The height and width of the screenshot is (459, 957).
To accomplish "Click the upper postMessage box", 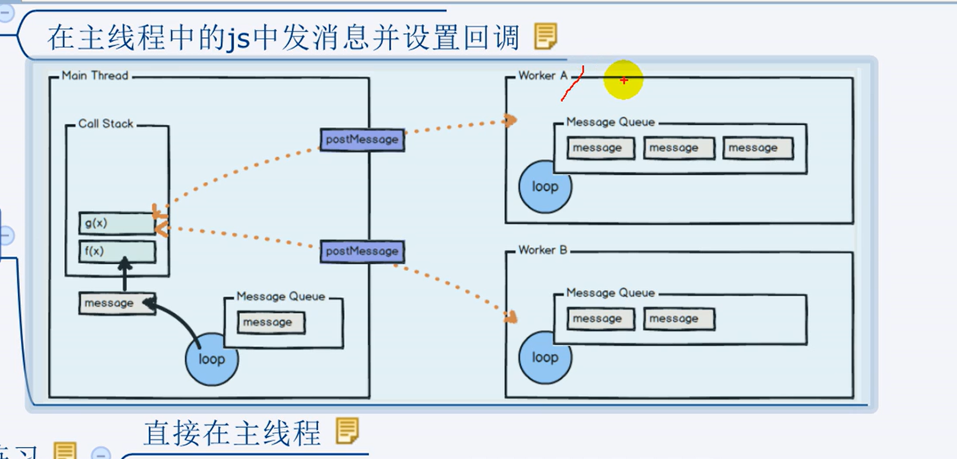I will coord(362,140).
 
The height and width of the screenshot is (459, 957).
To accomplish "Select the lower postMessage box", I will coord(362,251).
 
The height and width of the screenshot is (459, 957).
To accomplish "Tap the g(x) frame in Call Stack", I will coord(117,223).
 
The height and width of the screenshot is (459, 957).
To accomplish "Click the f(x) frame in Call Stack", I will coord(117,251).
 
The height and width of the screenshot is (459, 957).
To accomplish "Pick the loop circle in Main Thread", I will coord(212,359).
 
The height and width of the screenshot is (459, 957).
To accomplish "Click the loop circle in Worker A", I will coord(545,187).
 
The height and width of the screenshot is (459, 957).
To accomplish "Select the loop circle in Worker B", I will coord(545,358).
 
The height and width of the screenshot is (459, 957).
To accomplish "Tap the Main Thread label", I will coord(95,76).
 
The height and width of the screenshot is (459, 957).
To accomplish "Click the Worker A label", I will coord(543,76).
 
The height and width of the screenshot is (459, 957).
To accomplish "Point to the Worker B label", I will coord(543,250).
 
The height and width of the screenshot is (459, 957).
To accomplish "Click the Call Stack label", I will coord(106,124).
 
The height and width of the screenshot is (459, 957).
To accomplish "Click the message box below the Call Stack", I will coord(116,303).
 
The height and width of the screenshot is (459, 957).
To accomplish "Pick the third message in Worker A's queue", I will coord(757,148).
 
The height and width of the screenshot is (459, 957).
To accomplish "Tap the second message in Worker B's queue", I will coord(678,318).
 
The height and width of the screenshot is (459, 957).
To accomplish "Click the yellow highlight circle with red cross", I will coord(623,80).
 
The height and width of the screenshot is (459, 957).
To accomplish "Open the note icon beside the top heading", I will coord(545,36).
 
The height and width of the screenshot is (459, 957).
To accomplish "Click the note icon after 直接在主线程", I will coord(347,431).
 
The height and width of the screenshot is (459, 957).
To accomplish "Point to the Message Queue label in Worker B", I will coord(610,293).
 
